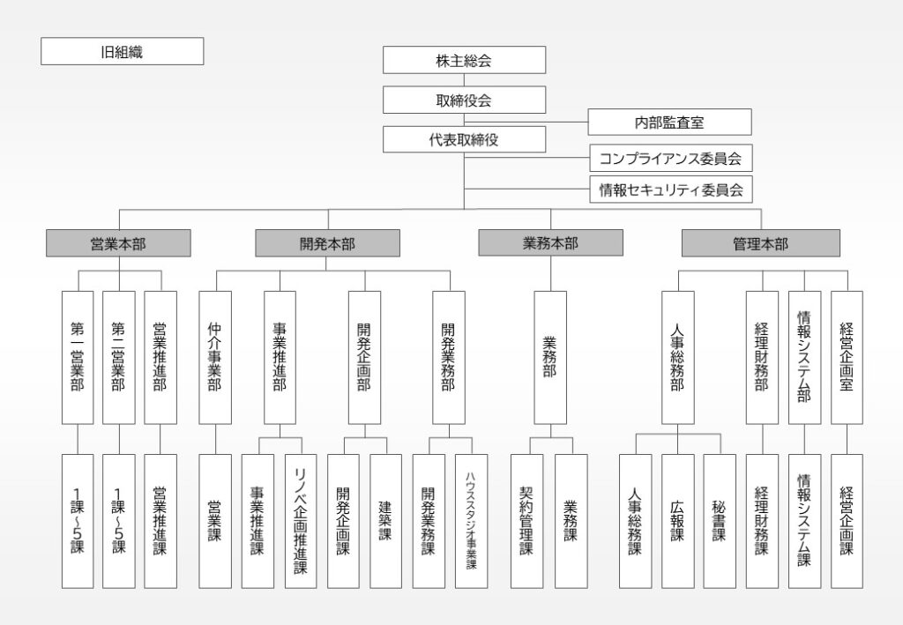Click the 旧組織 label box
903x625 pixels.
point(122,51)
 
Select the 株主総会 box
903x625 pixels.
point(464,60)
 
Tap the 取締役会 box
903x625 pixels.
point(464,100)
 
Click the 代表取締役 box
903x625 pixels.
point(464,139)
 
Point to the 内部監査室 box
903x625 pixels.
point(669,122)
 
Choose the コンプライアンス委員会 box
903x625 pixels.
point(670,159)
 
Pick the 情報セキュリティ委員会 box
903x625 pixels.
point(670,189)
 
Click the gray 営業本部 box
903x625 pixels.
point(118,243)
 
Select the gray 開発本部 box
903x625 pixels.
point(327,243)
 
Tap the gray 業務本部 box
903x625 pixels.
point(550,242)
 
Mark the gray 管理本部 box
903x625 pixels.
point(760,243)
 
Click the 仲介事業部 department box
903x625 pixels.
point(215,357)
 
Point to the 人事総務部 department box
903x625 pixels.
point(677,357)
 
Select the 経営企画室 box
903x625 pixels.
point(847,357)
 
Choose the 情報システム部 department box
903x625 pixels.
point(804,357)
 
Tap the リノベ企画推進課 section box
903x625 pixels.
point(301,521)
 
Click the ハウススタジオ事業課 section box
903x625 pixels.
point(471,521)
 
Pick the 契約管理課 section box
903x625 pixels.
point(526,521)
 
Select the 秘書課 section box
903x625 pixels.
point(719,521)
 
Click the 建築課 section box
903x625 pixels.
point(385,521)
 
